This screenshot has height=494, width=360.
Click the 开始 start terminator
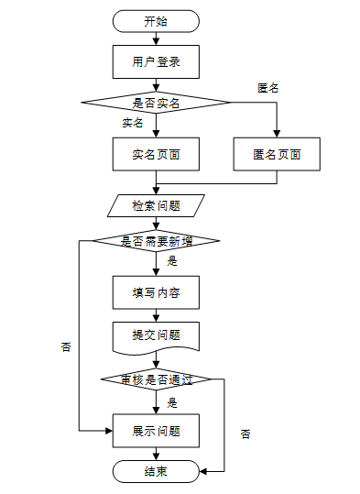click(x=156, y=21)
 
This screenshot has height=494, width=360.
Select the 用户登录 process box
click(x=156, y=61)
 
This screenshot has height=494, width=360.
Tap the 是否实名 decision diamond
click(x=156, y=103)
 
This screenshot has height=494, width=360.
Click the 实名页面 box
click(x=156, y=154)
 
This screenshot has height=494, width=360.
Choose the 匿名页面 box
click(x=277, y=154)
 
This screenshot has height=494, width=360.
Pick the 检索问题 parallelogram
click(x=156, y=205)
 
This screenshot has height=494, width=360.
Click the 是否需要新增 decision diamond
click(x=156, y=241)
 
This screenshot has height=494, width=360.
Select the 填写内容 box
click(x=156, y=292)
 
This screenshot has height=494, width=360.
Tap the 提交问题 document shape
click(x=156, y=337)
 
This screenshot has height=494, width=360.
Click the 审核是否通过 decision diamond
click(x=156, y=379)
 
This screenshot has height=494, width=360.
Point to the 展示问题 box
click(x=156, y=431)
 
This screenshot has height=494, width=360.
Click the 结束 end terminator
click(x=156, y=471)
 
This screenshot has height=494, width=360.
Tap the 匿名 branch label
click(x=268, y=88)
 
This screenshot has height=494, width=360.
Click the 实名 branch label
click(x=133, y=123)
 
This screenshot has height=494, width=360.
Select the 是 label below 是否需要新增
click(x=172, y=261)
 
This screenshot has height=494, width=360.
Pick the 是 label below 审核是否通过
click(x=172, y=403)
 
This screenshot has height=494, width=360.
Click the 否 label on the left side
click(x=66, y=346)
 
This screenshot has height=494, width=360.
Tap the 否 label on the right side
click(x=245, y=434)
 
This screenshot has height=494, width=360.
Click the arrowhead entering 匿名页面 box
click(x=277, y=134)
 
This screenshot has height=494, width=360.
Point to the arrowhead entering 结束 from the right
click(x=203, y=471)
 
